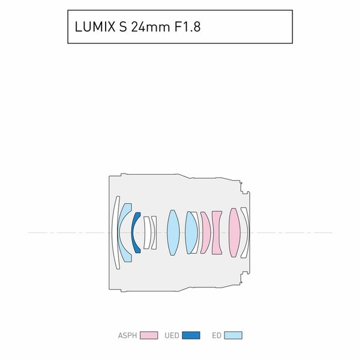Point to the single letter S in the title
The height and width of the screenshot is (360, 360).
click(124, 27)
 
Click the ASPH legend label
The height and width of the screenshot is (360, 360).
click(127, 335)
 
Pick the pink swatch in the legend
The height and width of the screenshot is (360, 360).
click(148, 335)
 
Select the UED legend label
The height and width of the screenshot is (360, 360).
click(172, 335)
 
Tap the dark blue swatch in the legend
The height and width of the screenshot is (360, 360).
click(191, 335)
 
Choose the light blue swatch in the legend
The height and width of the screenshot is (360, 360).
click(233, 335)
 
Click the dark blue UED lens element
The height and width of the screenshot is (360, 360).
click(136, 232)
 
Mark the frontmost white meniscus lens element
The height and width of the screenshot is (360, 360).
click(116, 232)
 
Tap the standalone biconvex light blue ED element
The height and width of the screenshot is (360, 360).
click(173, 232)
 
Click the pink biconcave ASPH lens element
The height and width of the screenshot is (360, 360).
click(217, 232)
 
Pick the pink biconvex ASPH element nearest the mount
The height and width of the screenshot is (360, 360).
click(233, 232)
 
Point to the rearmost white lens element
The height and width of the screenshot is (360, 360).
click(244, 232)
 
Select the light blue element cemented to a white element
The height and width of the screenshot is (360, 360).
click(191, 232)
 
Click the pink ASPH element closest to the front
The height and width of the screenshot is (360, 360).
click(205, 232)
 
